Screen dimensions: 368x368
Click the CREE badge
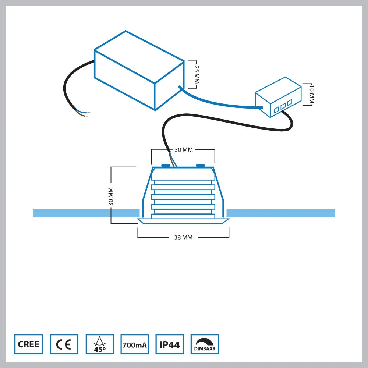point(28,344)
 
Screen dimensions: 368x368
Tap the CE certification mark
point(64,344)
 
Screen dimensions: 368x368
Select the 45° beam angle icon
point(99,344)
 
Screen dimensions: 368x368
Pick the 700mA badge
point(135,344)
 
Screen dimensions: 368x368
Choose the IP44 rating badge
point(170,344)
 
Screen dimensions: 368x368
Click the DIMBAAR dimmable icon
point(205,344)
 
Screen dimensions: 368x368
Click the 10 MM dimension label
point(312,95)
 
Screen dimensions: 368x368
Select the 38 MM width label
point(183,237)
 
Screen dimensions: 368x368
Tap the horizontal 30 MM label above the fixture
point(183,150)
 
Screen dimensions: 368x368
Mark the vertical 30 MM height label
point(111,196)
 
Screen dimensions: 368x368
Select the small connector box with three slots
point(279,98)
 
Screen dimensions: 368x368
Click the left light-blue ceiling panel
point(85,213)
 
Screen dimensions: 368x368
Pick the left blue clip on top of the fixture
point(165,166)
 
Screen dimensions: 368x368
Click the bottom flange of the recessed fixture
point(183,221)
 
